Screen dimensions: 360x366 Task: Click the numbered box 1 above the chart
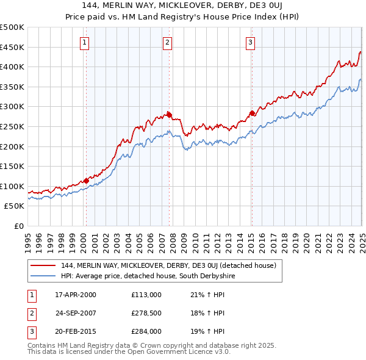coord(84,43)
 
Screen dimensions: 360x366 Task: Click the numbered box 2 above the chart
coord(167,43)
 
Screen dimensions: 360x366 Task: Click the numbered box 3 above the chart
coord(251,43)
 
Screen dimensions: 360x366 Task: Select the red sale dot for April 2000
coord(86,181)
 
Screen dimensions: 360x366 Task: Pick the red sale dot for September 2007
coord(170,114)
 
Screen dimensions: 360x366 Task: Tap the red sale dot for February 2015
coord(252,113)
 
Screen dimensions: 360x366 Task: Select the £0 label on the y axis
coord(18,226)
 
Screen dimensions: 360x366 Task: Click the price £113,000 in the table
coord(146,294)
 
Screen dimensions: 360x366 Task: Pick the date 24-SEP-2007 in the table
coord(76,313)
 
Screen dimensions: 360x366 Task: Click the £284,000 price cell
coord(146,332)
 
